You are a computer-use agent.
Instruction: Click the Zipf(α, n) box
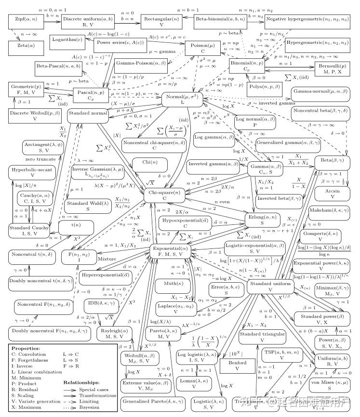23,22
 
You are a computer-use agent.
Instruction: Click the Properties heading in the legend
27,348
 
